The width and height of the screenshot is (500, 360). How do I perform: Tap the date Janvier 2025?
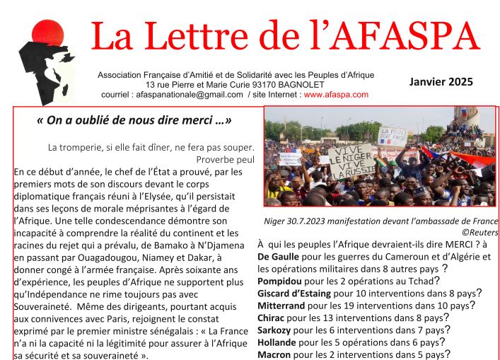[x=441, y=82]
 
